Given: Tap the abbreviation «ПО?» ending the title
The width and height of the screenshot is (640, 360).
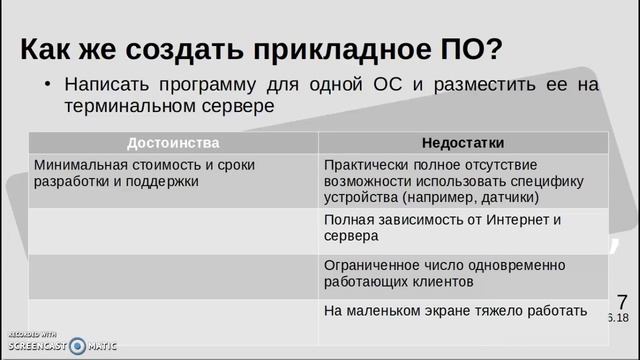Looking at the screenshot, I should [474, 48].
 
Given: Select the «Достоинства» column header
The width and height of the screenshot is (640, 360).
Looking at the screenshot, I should [173, 143].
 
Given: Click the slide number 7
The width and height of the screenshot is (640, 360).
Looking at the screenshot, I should [622, 300].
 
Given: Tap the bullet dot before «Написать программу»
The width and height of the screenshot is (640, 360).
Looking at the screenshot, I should [46, 83].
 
